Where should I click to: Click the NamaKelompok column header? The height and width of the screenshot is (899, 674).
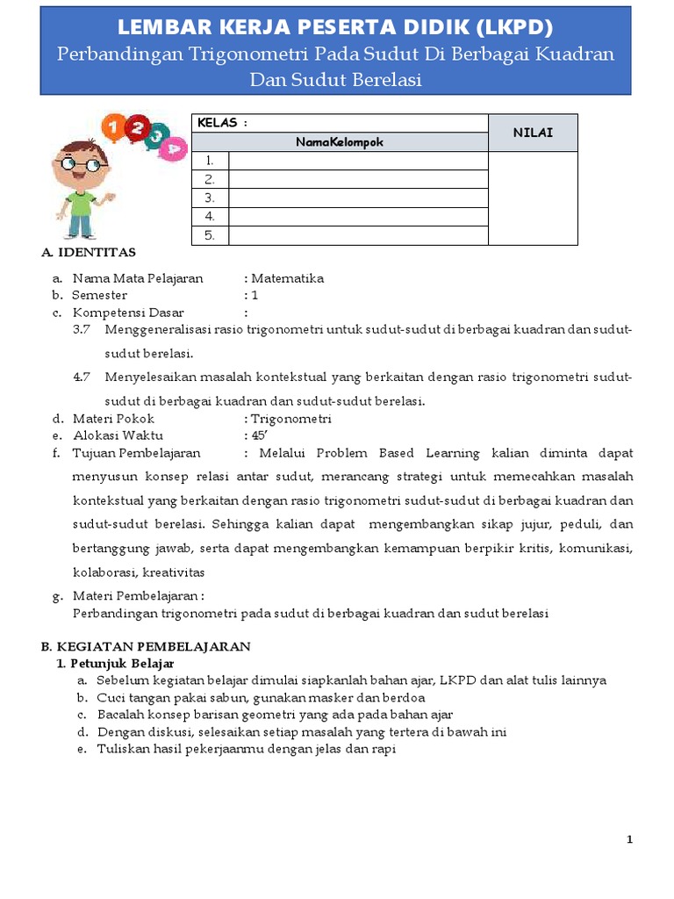(340, 141)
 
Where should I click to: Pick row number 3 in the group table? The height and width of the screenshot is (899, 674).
(210, 198)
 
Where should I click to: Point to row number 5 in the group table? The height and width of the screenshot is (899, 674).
(210, 235)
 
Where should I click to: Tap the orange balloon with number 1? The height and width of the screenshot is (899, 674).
(112, 128)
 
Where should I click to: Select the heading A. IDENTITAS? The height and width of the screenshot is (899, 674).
(89, 253)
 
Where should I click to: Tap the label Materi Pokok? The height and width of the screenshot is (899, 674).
(113, 419)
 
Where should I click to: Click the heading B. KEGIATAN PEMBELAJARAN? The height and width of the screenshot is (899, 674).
(146, 646)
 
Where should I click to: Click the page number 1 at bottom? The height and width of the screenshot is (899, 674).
(629, 840)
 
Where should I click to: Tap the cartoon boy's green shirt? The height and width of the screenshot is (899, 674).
(82, 203)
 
